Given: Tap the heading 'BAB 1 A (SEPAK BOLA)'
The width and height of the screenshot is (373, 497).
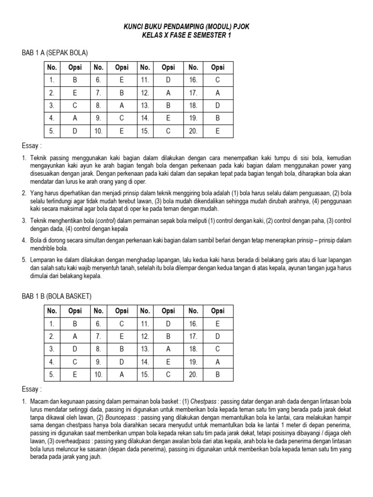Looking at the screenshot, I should tap(55, 52).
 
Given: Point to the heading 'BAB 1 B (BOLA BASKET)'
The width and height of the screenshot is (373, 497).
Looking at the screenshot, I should tap(56, 296).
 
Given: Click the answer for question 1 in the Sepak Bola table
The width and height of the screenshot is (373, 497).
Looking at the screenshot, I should tap(75, 80).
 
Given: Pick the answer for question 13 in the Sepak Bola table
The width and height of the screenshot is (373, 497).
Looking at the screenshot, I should tap(168, 105).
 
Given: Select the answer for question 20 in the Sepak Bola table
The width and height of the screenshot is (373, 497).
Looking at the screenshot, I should tap(217, 130).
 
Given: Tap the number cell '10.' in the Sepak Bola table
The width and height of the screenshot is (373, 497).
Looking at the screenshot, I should tap(98, 130).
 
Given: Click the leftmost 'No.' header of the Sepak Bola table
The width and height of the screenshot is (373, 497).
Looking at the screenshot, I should tap(51, 67).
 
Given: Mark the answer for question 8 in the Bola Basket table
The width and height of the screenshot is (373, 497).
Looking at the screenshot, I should tap(121, 348).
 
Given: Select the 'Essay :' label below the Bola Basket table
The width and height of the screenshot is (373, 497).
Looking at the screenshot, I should tap(32, 389).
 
